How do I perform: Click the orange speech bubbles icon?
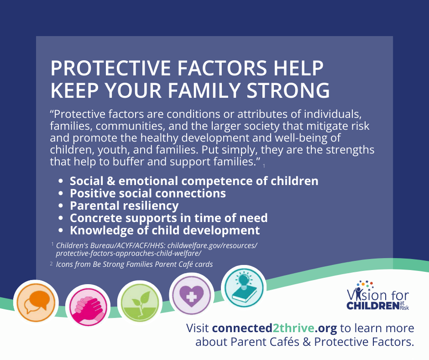click(36, 302)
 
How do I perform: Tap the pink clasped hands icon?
click(88, 307)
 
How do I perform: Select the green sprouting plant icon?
click(140, 303)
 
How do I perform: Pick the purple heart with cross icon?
click(192, 295)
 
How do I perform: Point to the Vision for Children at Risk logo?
click(378, 295)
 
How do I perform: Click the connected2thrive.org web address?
click(274, 328)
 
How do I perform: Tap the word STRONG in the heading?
click(288, 90)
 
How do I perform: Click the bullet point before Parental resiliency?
click(61, 206)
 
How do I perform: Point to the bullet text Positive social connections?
click(148, 193)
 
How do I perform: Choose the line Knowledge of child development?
click(165, 230)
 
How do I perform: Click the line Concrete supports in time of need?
click(169, 218)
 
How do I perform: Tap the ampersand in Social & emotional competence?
click(110, 181)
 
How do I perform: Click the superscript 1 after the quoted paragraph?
click(264, 166)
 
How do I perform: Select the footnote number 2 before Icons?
click(51, 264)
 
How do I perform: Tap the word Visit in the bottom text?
click(197, 328)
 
